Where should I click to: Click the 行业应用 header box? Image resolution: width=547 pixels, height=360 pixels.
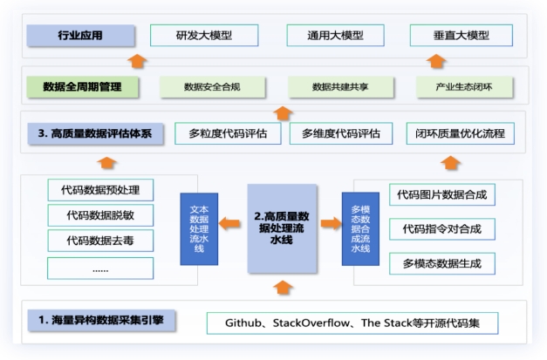[x=80, y=36]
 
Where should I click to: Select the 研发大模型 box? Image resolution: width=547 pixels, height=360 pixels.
[x=204, y=36]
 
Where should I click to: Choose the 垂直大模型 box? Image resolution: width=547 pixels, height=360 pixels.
[x=462, y=36]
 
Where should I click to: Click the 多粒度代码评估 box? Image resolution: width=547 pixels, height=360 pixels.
[x=228, y=133]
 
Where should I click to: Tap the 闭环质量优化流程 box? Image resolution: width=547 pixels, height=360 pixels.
[x=461, y=133]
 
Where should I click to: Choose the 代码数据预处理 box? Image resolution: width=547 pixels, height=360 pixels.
[x=100, y=189]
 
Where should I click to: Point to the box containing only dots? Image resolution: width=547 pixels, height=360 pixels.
[x=100, y=268]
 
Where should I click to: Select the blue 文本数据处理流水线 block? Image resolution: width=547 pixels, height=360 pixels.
[x=198, y=228]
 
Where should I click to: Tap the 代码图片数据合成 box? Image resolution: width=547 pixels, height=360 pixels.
[x=435, y=194]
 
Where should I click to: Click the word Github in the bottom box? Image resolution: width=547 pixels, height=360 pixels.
[x=246, y=323]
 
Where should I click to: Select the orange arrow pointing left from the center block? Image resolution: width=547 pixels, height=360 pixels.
[x=230, y=224]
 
